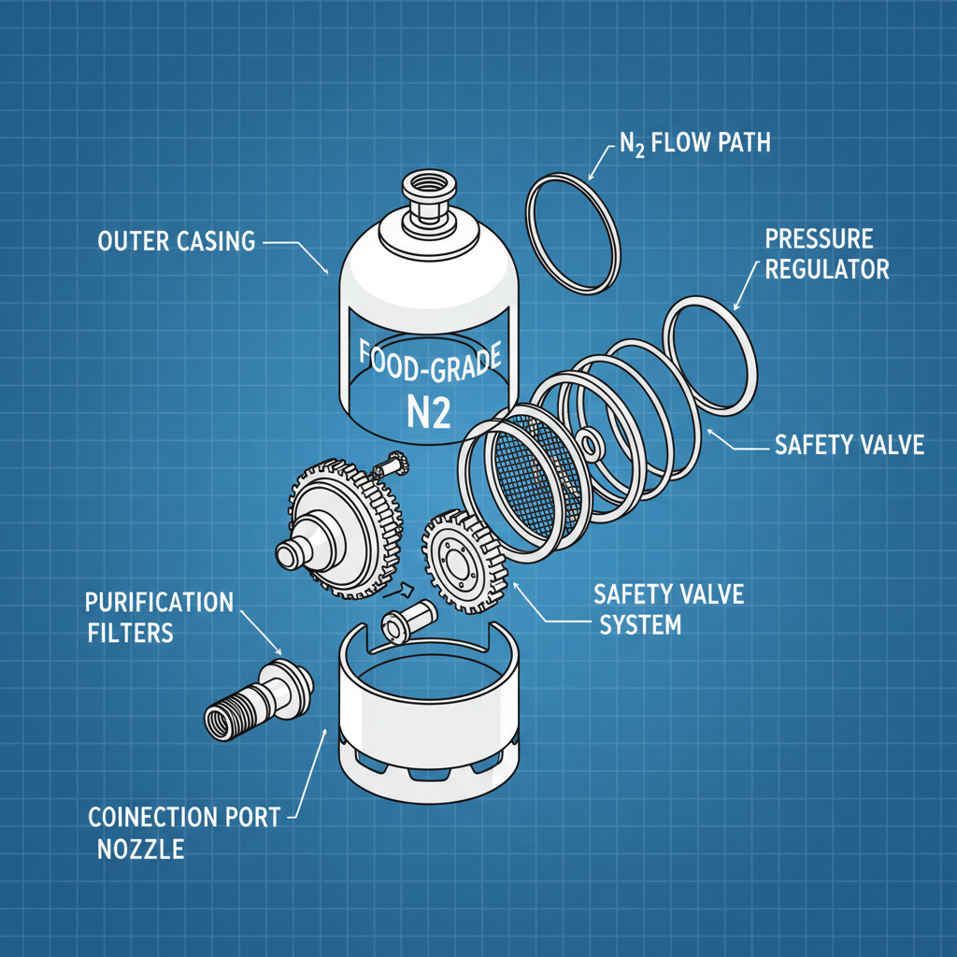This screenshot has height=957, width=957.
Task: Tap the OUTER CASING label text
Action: pyautogui.click(x=176, y=241)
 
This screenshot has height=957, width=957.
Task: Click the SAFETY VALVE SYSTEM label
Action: pyautogui.click(x=668, y=609)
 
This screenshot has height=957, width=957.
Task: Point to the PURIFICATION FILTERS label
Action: pyautogui.click(x=159, y=616)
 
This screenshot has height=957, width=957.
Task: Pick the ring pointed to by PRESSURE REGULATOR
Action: pyautogui.click(x=710, y=354)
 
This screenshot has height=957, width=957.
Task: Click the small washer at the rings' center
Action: pyautogui.click(x=590, y=440)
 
